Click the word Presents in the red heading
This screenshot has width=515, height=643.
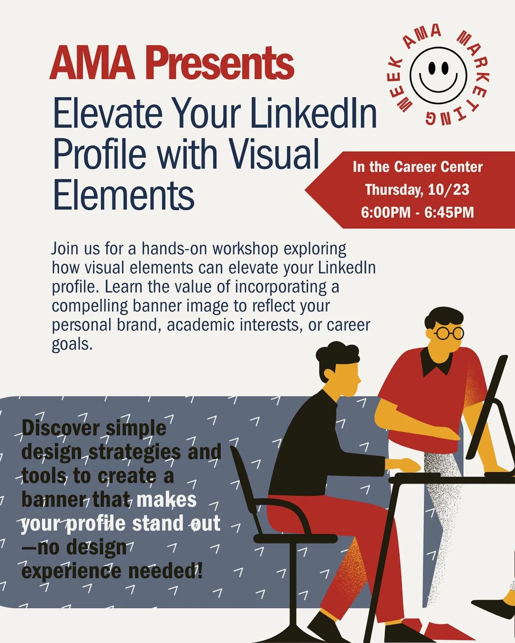(220, 63)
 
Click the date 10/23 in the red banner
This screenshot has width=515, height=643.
(449, 190)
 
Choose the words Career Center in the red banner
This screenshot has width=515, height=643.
(438, 167)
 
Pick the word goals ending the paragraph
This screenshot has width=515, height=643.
(71, 344)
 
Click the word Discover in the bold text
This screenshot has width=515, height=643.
(61, 428)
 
